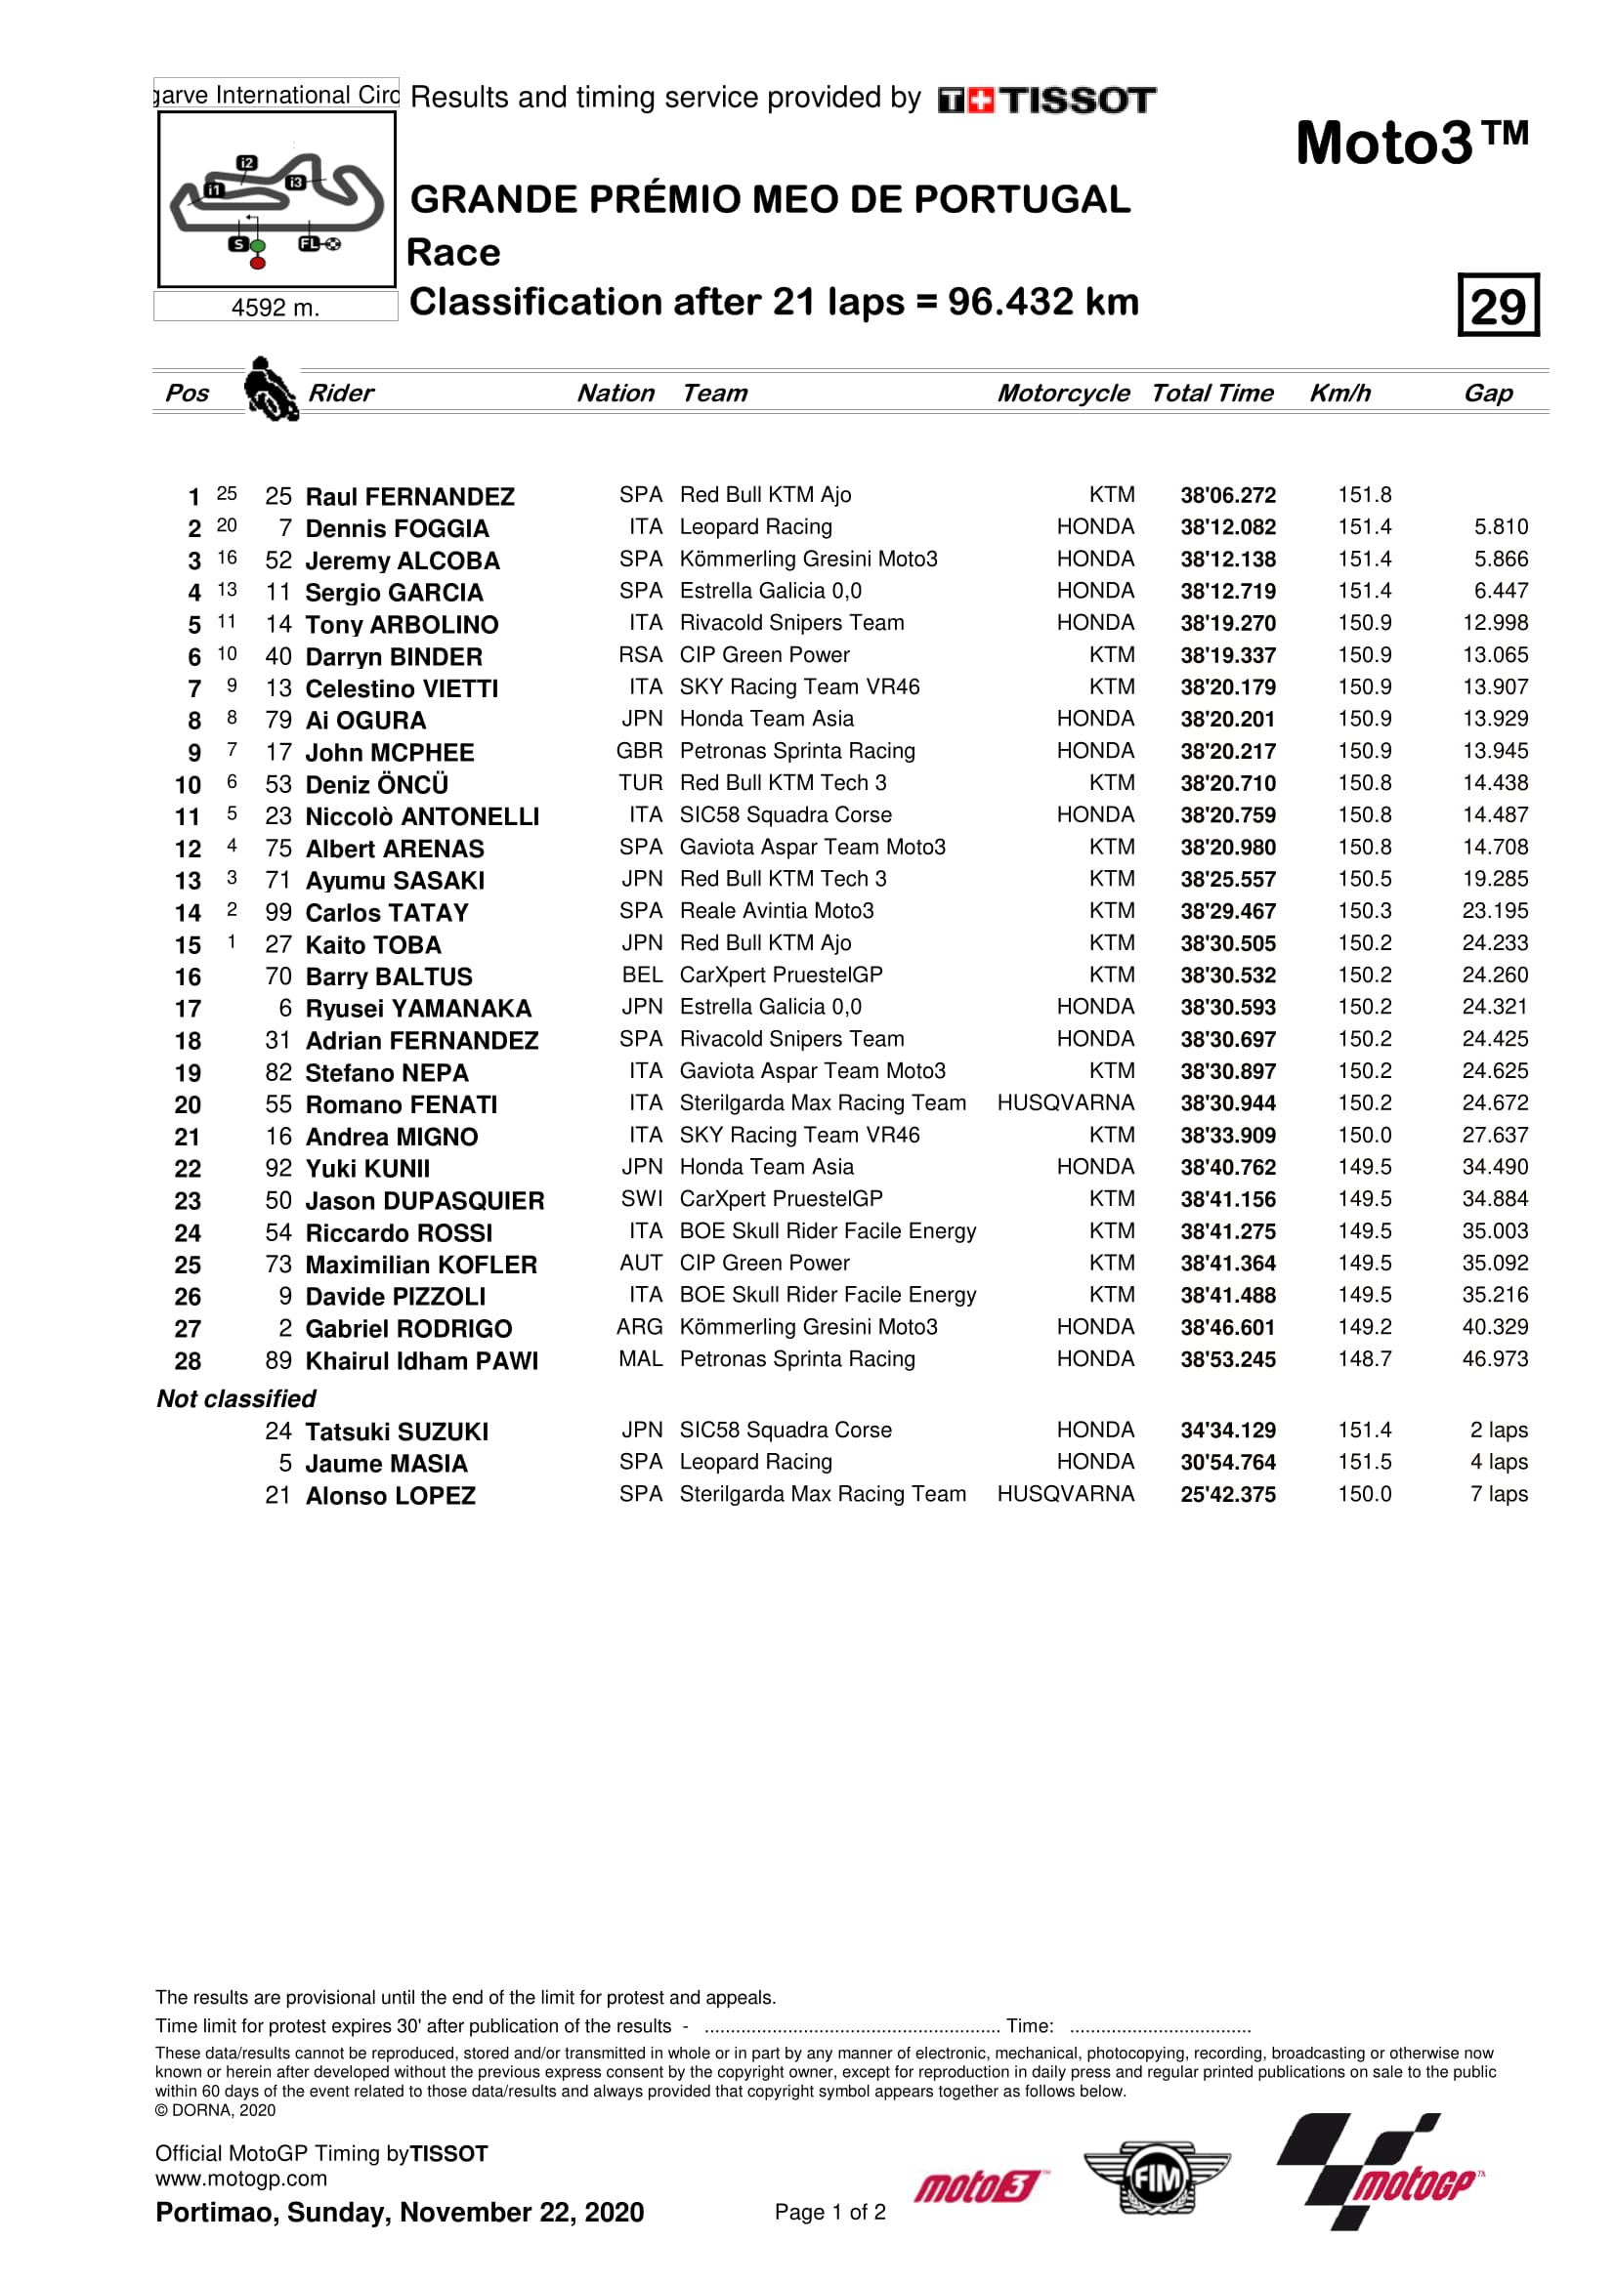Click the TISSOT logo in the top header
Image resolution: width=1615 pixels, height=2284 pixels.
(x=1046, y=100)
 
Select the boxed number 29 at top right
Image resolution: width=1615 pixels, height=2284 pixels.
(x=1498, y=306)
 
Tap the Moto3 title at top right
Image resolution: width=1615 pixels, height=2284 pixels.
(x=1411, y=143)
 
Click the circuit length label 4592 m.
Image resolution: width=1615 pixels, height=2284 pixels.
(x=276, y=309)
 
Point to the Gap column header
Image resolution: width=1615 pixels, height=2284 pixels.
(x=1488, y=393)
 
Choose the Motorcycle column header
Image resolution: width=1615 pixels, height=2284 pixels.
(x=1063, y=393)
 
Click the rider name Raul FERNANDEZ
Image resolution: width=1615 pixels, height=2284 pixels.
(x=410, y=496)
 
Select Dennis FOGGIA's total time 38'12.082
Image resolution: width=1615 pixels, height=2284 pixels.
(x=1228, y=528)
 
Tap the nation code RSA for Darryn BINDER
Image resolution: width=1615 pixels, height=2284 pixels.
(x=640, y=655)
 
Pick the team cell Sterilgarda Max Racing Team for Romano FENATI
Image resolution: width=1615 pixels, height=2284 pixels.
(x=823, y=1103)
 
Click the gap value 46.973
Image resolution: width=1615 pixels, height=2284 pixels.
(x=1495, y=1359)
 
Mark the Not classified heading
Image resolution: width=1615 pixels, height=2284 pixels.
(x=236, y=1398)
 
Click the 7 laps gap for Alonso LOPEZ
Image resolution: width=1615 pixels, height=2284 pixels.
(x=1499, y=1494)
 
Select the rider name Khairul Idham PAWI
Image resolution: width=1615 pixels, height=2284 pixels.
(x=422, y=1361)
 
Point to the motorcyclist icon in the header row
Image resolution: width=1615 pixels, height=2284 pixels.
(x=271, y=390)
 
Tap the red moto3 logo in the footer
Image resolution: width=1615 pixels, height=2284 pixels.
(x=979, y=2186)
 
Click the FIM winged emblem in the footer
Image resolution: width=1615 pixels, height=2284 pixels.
(x=1156, y=2179)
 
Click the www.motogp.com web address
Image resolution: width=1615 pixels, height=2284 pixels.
(x=240, y=2179)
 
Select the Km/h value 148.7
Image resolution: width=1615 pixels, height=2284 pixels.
(x=1364, y=1359)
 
